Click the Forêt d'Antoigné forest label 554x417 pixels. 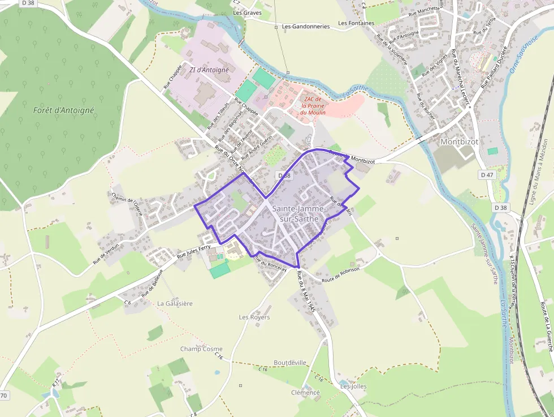(63, 110)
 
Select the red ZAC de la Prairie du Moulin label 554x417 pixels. (313, 106)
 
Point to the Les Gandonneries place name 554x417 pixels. (306, 26)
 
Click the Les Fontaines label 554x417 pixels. (356, 23)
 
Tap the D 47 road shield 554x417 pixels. (487, 175)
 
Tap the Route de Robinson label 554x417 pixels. (340, 273)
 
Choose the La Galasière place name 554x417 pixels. (175, 303)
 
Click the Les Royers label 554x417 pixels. (254, 317)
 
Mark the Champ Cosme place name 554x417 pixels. (201, 349)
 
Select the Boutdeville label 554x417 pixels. (289, 363)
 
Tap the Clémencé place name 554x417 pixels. (305, 393)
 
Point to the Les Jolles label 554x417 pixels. (353, 386)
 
